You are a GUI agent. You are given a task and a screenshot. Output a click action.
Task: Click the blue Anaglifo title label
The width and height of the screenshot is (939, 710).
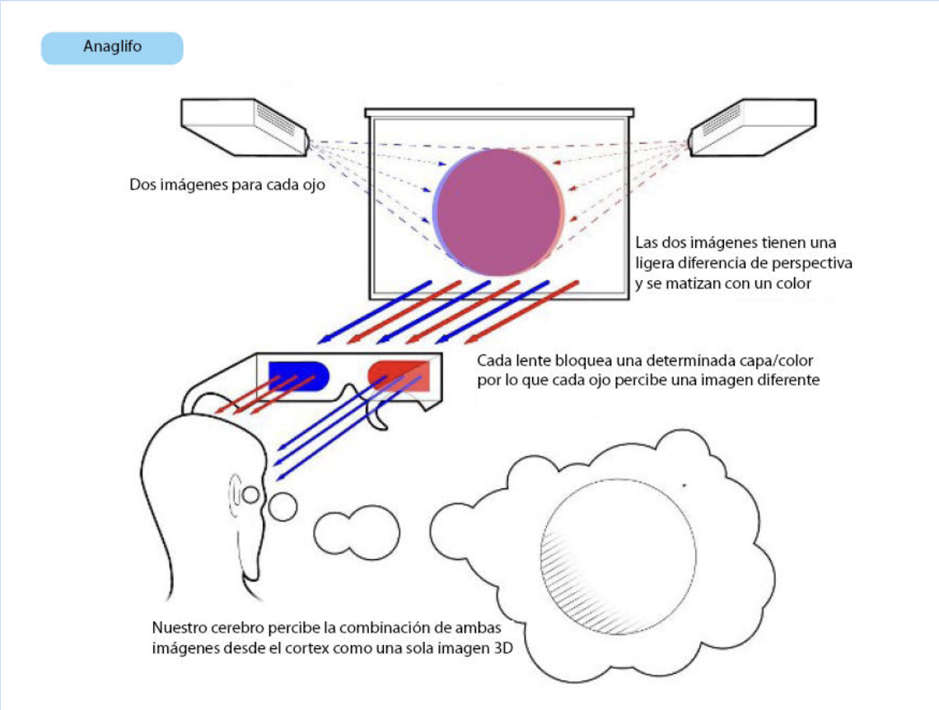112,48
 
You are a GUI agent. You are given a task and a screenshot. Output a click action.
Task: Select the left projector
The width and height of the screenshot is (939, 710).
245,128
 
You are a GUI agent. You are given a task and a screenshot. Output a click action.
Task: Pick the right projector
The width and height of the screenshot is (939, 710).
752,128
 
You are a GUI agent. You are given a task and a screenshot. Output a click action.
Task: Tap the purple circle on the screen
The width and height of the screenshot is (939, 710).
498,213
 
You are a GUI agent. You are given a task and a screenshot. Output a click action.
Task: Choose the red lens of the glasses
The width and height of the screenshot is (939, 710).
399,376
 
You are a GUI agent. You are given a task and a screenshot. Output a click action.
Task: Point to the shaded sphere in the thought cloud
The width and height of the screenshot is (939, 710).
618,557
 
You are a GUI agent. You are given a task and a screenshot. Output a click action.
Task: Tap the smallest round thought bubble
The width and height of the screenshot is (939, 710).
283,507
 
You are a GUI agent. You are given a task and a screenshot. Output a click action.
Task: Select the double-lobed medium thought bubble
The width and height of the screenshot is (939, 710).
357,532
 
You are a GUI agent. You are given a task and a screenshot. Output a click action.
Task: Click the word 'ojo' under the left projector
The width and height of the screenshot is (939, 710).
314,185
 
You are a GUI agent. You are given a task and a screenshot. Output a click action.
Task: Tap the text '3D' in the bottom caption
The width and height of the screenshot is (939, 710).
503,648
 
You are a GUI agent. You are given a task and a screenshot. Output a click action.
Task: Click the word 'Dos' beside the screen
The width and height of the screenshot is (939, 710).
142,185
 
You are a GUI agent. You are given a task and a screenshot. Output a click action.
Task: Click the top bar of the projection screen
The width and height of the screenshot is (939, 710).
499,113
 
